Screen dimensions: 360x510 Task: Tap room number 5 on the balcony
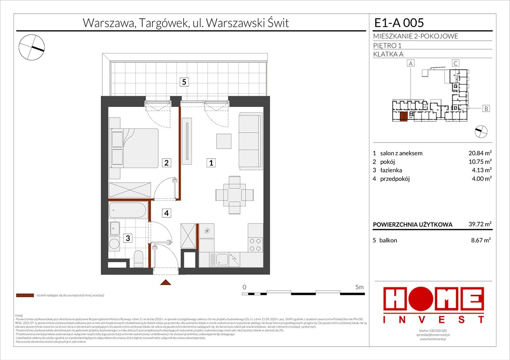(184, 82)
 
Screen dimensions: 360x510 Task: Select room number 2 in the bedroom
(166, 163)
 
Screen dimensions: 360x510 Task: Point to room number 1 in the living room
(212, 163)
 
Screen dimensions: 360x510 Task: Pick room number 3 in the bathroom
(127, 238)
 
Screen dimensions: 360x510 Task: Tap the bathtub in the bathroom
(129, 210)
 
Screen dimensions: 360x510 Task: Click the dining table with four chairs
(231, 194)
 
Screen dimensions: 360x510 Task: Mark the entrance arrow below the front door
(165, 282)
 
